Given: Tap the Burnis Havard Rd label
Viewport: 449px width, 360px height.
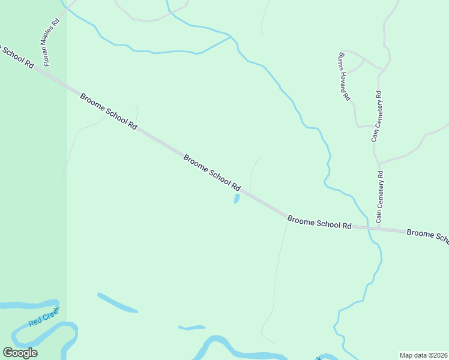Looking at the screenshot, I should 343,76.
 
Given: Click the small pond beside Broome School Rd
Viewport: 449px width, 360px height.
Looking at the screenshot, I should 237,199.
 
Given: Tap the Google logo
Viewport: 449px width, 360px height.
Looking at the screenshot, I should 20,353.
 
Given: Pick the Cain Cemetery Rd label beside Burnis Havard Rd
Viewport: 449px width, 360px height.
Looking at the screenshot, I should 376,116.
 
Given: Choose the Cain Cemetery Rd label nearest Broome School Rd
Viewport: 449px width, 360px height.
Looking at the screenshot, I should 379,197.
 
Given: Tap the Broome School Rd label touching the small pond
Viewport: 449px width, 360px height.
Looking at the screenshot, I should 212,173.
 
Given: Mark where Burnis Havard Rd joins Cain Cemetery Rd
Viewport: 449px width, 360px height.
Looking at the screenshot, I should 381,70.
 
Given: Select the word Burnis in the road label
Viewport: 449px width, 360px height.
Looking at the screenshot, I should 340,61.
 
